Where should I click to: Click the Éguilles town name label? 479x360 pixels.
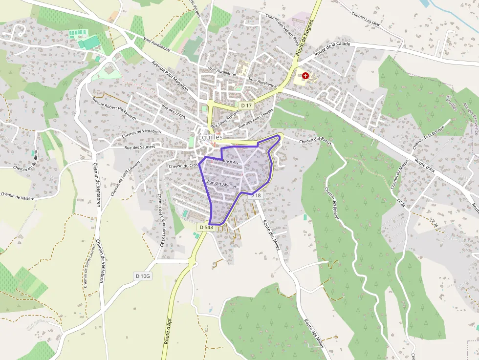point(210,138)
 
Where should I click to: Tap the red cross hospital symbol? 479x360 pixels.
point(306,76)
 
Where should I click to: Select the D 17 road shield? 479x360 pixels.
point(246,106)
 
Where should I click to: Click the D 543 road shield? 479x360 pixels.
point(206,228)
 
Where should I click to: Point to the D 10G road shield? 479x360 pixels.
point(143,276)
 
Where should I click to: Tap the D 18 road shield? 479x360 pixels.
point(256,195)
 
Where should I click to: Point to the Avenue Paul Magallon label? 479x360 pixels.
point(170,76)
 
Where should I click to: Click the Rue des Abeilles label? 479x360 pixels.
point(222,184)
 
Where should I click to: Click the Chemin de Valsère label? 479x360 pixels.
point(18,196)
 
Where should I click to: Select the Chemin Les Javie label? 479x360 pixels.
point(366,18)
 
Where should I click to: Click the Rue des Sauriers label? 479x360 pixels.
point(140,147)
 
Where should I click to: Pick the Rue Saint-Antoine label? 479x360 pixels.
point(225,119)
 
